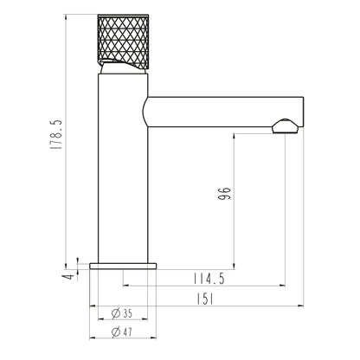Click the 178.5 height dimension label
(55, 134)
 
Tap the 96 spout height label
(224, 194)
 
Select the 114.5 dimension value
(209, 279)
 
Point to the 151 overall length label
(205, 299)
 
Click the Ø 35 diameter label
(122, 313)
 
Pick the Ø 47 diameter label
(122, 332)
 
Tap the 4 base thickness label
(69, 277)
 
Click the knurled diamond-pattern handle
(123, 42)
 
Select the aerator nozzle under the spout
(285, 126)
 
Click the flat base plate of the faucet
(123, 266)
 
